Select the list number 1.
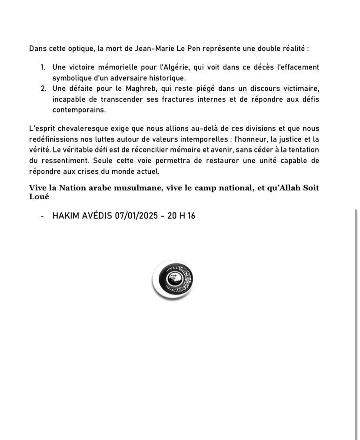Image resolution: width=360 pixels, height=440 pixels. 43,67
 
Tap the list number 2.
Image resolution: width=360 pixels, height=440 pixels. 43,89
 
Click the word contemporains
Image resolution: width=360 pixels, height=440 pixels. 79,110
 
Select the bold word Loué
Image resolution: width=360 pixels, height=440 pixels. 38,196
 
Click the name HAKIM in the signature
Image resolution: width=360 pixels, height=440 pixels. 66,215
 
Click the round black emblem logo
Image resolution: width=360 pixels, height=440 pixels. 173,280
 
